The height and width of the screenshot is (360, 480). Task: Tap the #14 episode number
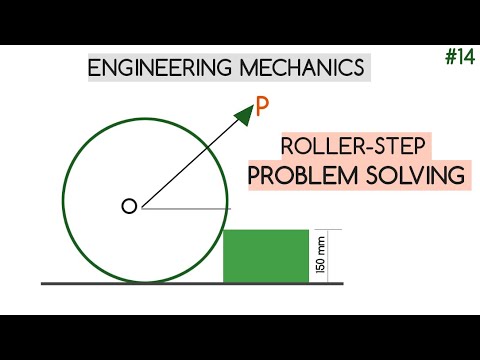[459, 58]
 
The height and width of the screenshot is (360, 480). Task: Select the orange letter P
[263, 106]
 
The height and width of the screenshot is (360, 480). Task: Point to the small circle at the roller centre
[128, 207]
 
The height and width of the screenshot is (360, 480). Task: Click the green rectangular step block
[265, 256]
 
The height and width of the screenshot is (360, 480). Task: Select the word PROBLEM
[298, 175]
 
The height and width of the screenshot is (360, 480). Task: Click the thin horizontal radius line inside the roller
[185, 208]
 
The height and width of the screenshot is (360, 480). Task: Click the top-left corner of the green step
[223, 230]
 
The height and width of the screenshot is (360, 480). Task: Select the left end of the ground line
[42, 284]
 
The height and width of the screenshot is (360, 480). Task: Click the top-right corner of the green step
[308, 230]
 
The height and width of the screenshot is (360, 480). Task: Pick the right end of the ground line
[343, 284]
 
